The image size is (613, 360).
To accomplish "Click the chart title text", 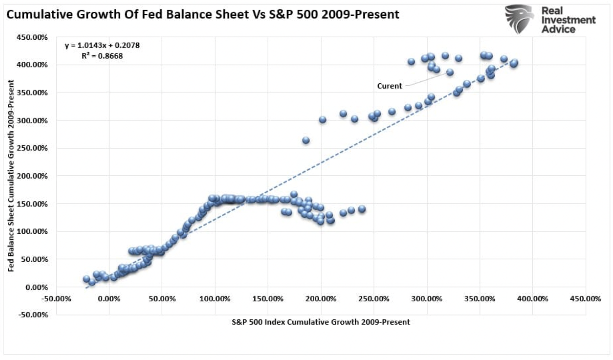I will (203, 15).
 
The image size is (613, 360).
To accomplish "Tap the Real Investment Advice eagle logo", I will (519, 19).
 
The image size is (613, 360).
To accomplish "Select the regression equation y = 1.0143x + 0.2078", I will (102, 46).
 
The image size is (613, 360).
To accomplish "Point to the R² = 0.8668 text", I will (102, 56).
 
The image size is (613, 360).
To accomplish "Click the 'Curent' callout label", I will (389, 86).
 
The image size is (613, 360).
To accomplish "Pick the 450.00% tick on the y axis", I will (32, 37).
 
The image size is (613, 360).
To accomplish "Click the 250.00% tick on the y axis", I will (32, 148).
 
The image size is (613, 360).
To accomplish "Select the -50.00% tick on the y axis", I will (32, 315).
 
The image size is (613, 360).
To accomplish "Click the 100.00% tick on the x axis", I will (215, 299).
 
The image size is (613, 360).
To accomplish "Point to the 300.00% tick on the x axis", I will (427, 299).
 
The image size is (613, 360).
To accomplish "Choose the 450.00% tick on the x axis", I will (585, 299).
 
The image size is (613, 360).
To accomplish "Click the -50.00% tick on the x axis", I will (56, 299).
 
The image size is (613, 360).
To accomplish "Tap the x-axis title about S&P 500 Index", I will (321, 322).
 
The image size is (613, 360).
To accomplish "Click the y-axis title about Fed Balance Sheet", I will (11, 176).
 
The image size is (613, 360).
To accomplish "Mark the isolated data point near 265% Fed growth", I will (306, 140).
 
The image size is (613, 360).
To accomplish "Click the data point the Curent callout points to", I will (450, 72).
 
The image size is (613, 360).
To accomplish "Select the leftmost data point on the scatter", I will (86, 279).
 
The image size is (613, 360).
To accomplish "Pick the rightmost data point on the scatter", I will (514, 62).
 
